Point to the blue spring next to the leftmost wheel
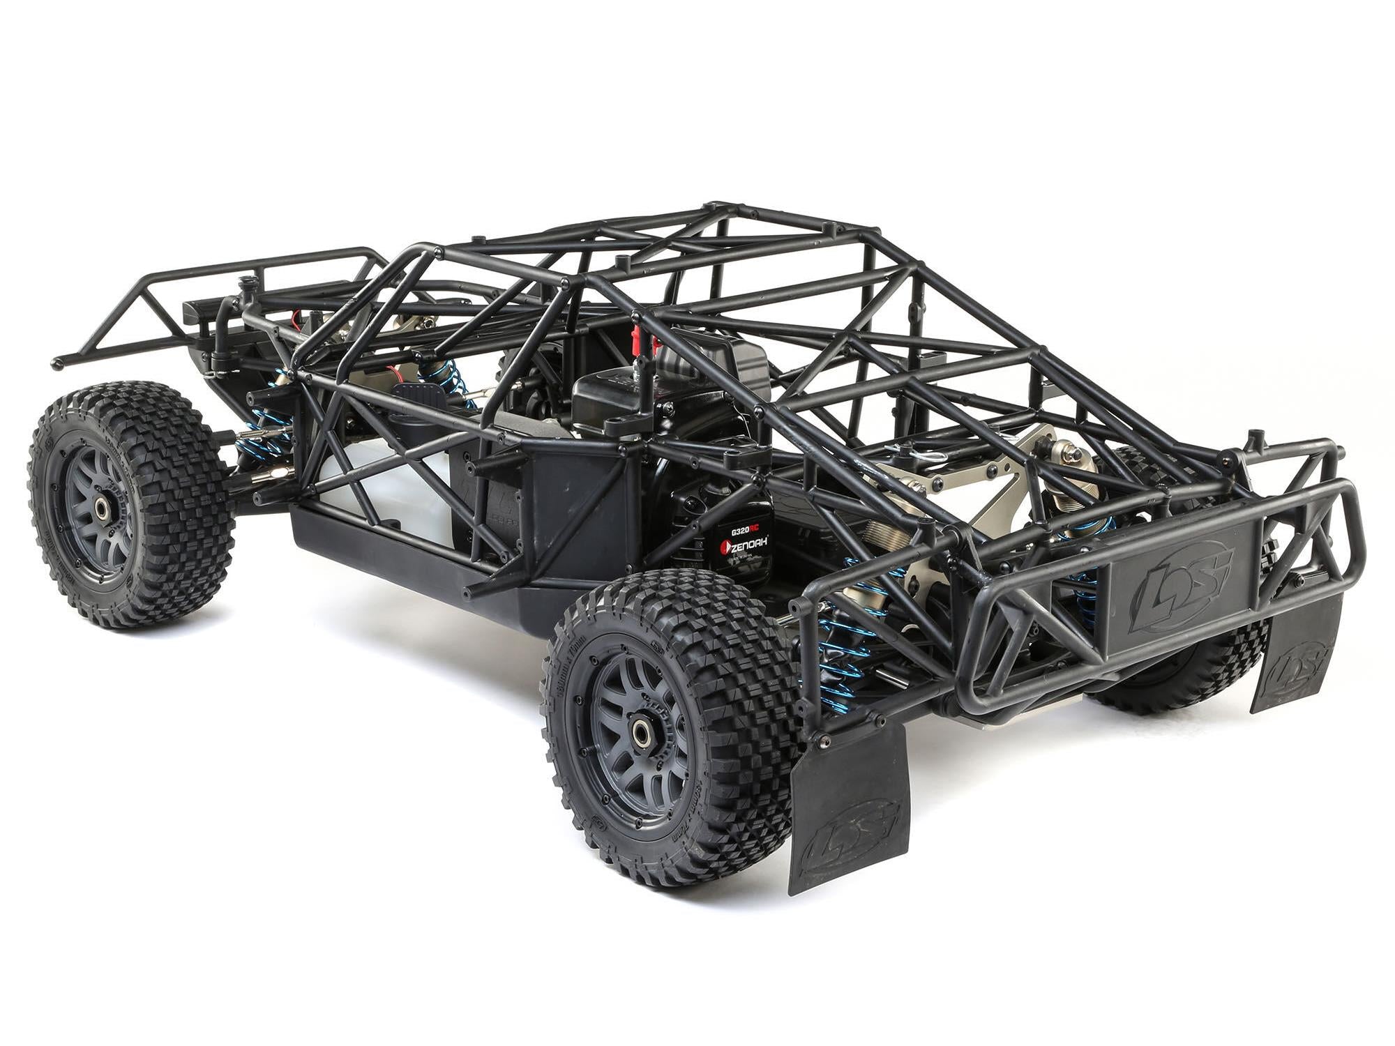(x=265, y=425)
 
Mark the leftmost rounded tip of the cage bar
(x=57, y=363)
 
